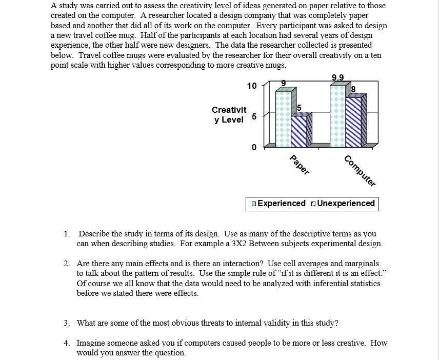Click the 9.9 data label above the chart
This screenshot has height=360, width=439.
[338, 78]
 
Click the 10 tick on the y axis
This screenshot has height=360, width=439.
[251, 86]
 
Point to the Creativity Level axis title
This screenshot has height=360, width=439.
[229, 115]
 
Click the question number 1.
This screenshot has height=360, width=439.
[67, 234]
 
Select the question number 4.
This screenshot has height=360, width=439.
[67, 343]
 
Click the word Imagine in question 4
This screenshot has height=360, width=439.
[90, 343]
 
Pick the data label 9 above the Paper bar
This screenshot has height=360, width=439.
[283, 83]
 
